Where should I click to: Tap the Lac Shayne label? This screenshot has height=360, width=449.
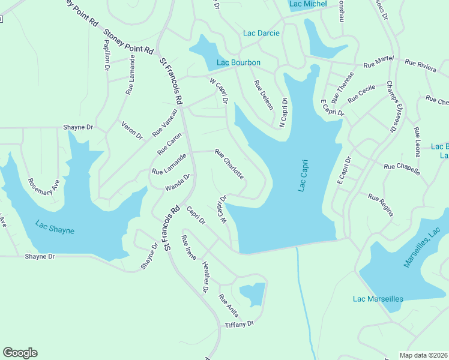(x=55, y=227)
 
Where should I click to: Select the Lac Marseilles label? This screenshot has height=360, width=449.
(x=378, y=299)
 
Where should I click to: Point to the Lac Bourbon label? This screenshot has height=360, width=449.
(x=238, y=63)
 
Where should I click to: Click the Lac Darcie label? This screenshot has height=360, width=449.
(x=261, y=33)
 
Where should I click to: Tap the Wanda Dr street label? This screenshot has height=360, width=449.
(x=178, y=183)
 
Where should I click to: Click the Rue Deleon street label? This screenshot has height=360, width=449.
(x=264, y=95)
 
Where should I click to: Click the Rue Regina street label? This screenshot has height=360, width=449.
(x=381, y=205)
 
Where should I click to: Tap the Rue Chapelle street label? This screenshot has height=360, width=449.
(x=402, y=169)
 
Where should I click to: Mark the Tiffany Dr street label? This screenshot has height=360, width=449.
(x=240, y=324)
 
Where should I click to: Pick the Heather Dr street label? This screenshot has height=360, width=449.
(x=205, y=277)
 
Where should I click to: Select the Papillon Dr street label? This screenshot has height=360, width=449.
(x=107, y=56)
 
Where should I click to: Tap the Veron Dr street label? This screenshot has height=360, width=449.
(x=132, y=130)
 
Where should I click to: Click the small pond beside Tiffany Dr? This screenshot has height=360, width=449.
(x=252, y=295)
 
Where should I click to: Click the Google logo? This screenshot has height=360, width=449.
(x=20, y=353)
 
